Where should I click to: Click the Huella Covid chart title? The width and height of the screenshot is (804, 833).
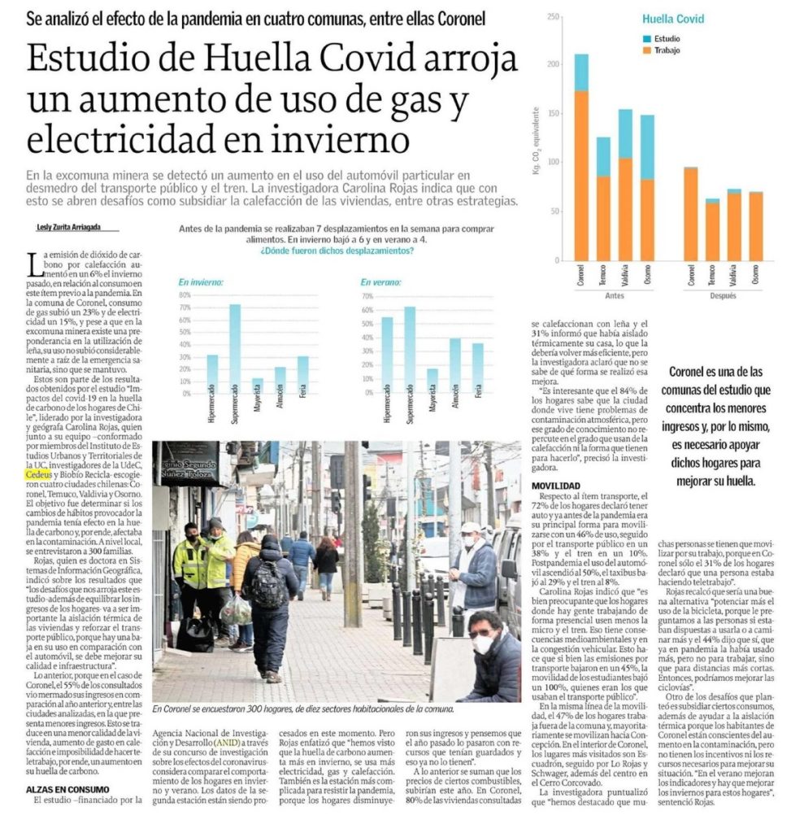pyautogui.click(x=673, y=19)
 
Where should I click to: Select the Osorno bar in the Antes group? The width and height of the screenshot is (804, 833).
pyautogui.click(x=647, y=187)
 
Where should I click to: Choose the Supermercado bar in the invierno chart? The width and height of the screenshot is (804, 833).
pyautogui.click(x=235, y=349)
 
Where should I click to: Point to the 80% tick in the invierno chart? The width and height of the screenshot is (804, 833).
pyautogui.click(x=185, y=295)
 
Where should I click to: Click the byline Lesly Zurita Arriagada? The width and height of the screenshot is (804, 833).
pyautogui.click(x=71, y=228)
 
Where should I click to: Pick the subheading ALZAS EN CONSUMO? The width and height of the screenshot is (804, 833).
pyautogui.click(x=67, y=789)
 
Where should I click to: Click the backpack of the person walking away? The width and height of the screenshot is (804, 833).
pyautogui.click(x=267, y=583)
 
